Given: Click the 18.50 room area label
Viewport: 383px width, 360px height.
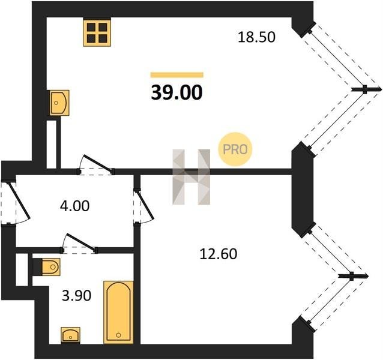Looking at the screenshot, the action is coord(256,37).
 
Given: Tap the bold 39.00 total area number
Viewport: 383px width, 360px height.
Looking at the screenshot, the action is coord(177,93).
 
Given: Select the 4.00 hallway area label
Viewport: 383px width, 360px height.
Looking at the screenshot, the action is coord(75,206).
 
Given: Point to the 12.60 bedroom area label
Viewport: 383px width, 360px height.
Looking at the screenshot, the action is coord(219,254).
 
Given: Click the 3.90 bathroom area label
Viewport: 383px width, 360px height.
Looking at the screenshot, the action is coord(77,296).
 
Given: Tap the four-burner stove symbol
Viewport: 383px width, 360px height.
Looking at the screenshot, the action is coord(97,33).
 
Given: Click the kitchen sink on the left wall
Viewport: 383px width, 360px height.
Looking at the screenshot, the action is coord(59,103).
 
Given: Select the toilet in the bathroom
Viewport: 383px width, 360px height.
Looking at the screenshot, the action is coord(50,267).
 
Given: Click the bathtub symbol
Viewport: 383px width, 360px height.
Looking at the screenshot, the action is coord(118,312).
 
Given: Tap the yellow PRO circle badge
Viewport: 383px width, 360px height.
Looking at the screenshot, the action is coord(235,149).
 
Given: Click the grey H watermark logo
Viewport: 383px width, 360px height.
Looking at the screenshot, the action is coord(191,177).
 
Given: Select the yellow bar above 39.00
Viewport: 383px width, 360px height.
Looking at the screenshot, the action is coord(177,75).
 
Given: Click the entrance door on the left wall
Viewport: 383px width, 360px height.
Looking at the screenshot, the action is coord(15,203).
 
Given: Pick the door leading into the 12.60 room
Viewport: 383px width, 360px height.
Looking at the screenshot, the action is coord(143,206).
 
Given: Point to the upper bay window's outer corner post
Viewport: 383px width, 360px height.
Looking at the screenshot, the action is coord(366,89).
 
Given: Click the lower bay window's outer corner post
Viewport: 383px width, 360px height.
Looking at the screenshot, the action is coord(352,276).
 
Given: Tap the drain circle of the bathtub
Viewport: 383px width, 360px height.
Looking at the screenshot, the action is coord(118,335).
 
